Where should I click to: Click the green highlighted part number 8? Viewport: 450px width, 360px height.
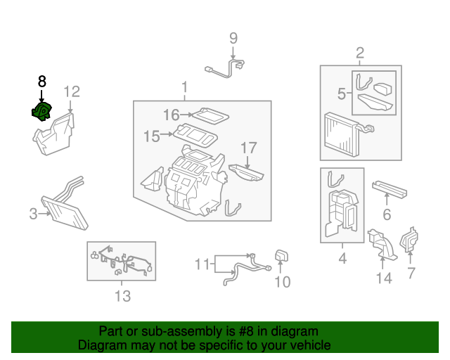click(x=41, y=111)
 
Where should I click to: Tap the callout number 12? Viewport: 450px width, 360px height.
click(x=72, y=92)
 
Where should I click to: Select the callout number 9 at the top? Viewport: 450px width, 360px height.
click(x=233, y=38)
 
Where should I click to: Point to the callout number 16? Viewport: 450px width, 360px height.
click(x=172, y=115)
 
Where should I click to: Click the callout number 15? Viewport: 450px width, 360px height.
click(x=152, y=136)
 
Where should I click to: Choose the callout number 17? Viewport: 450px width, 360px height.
click(x=248, y=148)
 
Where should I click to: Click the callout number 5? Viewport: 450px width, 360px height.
click(x=342, y=94)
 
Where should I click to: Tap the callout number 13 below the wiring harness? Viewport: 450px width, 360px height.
click(x=122, y=296)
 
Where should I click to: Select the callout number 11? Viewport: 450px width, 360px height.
click(x=202, y=264)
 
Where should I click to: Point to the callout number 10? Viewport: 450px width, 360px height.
click(x=283, y=282)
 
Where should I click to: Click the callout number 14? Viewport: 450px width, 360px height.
click(x=384, y=278)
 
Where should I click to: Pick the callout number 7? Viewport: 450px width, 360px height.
click(x=411, y=273)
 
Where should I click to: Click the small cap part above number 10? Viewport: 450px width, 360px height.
click(x=281, y=255)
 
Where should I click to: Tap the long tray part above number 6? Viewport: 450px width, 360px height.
click(x=390, y=190)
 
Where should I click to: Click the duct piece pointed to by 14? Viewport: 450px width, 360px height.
click(x=382, y=244)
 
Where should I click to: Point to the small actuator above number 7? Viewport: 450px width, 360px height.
click(x=409, y=240)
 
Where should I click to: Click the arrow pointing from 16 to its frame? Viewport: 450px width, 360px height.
click(x=186, y=115)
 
